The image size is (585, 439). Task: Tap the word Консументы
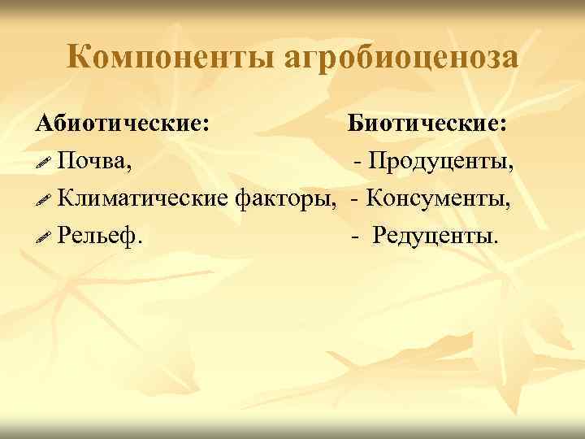tap(440, 198)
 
